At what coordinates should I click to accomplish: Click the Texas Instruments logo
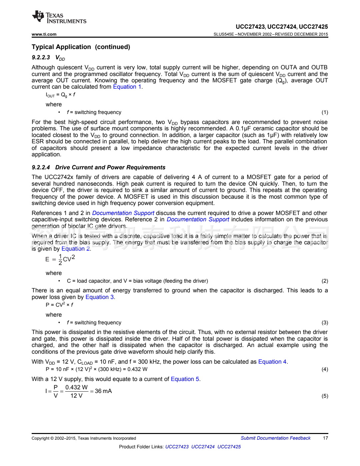[59, 17]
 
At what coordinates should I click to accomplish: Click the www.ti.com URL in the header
[44, 34]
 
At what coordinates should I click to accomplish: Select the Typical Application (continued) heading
[81, 47]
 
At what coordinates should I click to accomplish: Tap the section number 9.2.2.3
[41, 57]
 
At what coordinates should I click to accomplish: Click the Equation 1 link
[127, 87]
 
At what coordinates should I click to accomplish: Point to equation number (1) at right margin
[325, 112]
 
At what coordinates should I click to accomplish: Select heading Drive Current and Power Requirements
[110, 167]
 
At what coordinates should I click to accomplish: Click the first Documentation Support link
[123, 213]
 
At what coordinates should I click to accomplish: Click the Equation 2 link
[76, 249]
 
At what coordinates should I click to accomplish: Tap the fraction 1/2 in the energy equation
[60, 259]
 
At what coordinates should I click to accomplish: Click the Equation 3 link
[100, 297]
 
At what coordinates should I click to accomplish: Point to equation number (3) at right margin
[325, 323]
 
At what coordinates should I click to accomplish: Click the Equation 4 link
[272, 362]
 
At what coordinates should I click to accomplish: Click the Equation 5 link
[185, 379]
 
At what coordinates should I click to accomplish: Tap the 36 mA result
[103, 391]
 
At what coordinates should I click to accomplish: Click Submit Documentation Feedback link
[275, 438]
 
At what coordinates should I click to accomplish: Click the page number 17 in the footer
[325, 438]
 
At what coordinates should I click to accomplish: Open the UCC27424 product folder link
[203, 447]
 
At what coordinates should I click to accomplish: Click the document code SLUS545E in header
[224, 34]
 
